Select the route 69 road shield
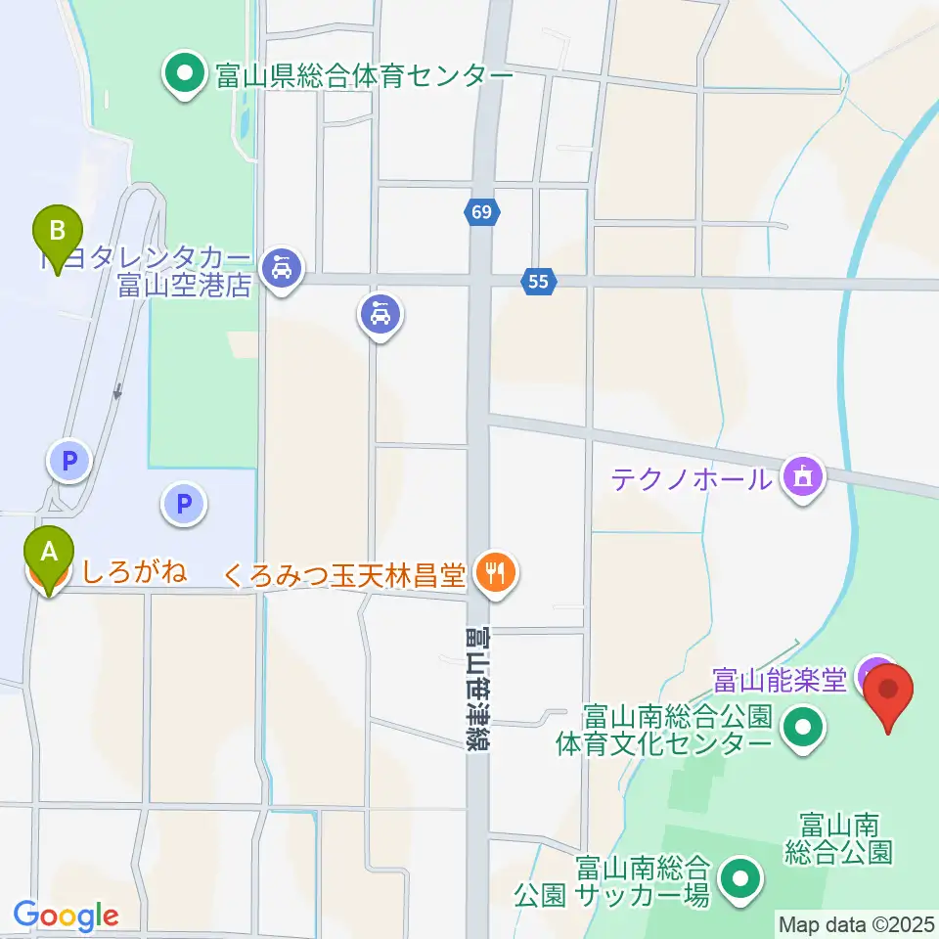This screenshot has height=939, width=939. click(x=483, y=211)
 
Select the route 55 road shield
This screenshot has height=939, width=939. click(x=539, y=282)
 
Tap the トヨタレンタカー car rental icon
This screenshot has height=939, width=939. click(x=283, y=265)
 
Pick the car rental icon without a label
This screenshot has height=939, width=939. click(x=381, y=316)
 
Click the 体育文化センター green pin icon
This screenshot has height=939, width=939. click(x=804, y=729)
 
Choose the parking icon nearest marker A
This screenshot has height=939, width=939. click(x=69, y=460)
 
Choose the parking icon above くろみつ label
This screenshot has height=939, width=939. click(x=183, y=505)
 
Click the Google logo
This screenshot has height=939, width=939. click(x=66, y=916)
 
